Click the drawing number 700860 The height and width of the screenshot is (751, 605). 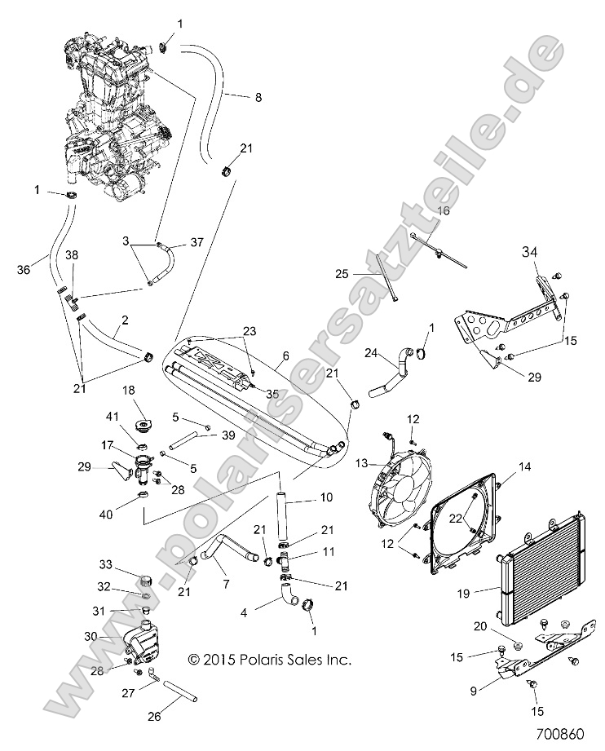[562, 733]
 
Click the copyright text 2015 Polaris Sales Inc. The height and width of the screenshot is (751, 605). [269, 659]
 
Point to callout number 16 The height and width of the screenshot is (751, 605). [444, 210]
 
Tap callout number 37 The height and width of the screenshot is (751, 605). [196, 241]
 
